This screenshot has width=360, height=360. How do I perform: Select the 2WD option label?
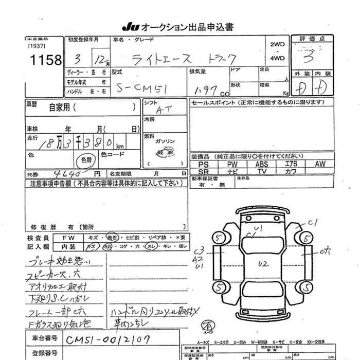pyautogui.click(x=277, y=45)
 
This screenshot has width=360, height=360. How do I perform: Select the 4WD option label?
pyautogui.click(x=277, y=59)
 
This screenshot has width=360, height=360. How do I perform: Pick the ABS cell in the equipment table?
pyautogui.click(x=261, y=164)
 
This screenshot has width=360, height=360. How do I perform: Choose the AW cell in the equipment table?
pyautogui.click(x=320, y=164)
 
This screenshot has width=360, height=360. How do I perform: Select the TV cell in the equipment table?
pyautogui.click(x=261, y=171)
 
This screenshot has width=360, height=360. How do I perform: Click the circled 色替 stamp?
pyautogui.click(x=84, y=159)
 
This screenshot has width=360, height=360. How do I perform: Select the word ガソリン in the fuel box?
pyautogui.click(x=166, y=141)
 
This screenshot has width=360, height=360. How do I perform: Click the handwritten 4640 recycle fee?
pyautogui.click(x=61, y=174)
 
